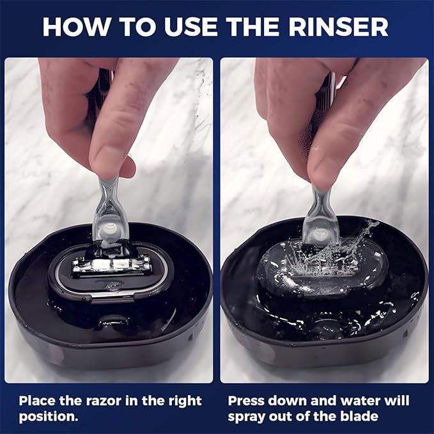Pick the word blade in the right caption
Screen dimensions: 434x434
point(361,416)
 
